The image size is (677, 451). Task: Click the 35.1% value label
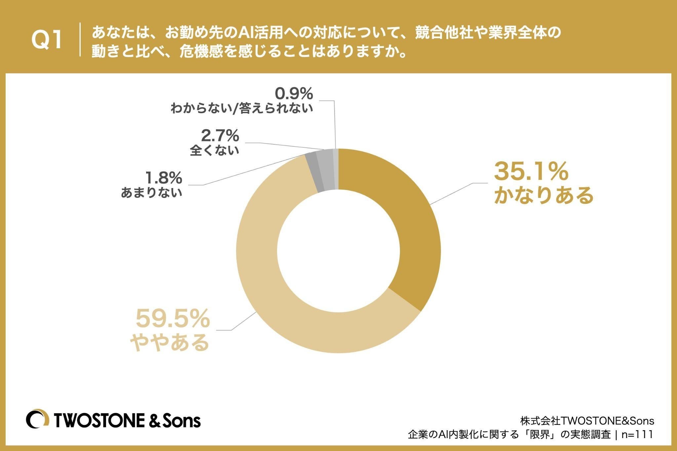(531, 171)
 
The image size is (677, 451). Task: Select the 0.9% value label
(294, 94)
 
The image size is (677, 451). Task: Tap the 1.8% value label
(164, 178)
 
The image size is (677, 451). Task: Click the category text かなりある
(544, 195)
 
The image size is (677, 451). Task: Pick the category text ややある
(170, 343)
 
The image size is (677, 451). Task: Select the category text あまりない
(152, 193)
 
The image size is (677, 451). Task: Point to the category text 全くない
(214, 151)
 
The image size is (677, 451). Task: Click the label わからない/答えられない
(242, 108)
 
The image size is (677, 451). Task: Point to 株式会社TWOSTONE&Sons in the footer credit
(587, 421)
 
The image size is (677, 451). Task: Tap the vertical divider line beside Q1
(80, 39)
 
